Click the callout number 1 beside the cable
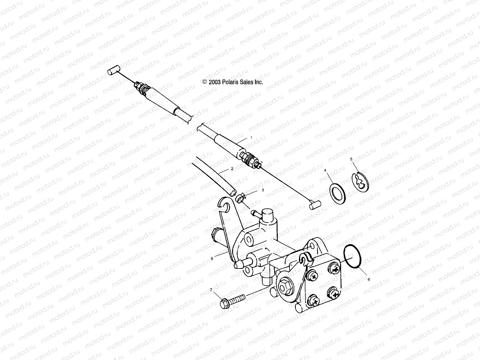click(251, 137)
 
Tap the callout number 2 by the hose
click(232, 169)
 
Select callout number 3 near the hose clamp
click(263, 190)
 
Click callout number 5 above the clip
click(351, 159)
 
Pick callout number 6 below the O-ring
click(369, 279)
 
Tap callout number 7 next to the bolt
click(211, 290)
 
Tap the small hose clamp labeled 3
click(240, 198)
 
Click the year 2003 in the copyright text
click(214, 82)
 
